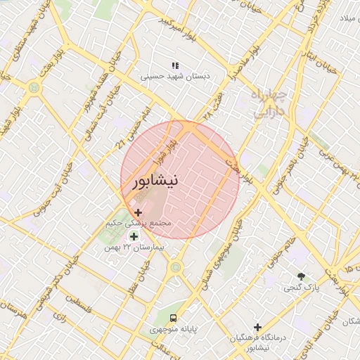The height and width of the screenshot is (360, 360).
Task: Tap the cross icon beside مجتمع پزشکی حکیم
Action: click(138, 212)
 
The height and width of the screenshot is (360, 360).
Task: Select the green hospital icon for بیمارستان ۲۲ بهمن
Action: click(134, 236)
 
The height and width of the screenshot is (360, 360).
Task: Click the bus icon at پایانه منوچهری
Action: click(173, 316)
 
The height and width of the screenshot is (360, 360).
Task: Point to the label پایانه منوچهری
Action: click(174, 329)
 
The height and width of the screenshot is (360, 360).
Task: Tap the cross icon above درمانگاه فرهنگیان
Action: click(258, 327)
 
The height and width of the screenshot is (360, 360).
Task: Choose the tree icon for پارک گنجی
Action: click(302, 276)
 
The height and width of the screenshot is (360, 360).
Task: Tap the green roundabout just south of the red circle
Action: click(175, 266)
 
